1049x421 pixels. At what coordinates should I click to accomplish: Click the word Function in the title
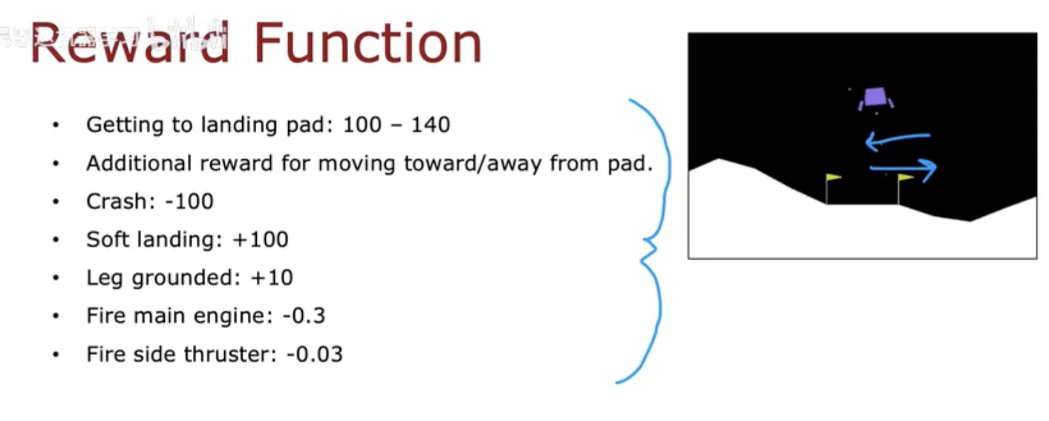(x=368, y=43)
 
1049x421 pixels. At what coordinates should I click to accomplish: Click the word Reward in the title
(x=130, y=43)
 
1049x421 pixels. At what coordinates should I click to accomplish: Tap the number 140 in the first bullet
(x=431, y=125)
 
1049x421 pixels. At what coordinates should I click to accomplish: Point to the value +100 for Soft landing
(x=261, y=239)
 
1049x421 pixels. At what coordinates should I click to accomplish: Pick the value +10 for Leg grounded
(x=272, y=278)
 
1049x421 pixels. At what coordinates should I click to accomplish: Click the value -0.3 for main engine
(x=304, y=315)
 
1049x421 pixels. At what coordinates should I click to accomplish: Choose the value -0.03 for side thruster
(x=315, y=354)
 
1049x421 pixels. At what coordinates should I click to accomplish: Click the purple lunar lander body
(x=875, y=97)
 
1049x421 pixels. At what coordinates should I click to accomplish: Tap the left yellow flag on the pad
(x=834, y=177)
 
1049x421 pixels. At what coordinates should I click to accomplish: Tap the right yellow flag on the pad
(x=906, y=177)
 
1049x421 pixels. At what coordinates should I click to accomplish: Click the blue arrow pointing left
(x=897, y=138)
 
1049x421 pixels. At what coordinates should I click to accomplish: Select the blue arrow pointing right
(x=903, y=168)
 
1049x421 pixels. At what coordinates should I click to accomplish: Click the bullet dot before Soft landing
(x=56, y=239)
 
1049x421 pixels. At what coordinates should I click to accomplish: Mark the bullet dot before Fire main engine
(x=56, y=315)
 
